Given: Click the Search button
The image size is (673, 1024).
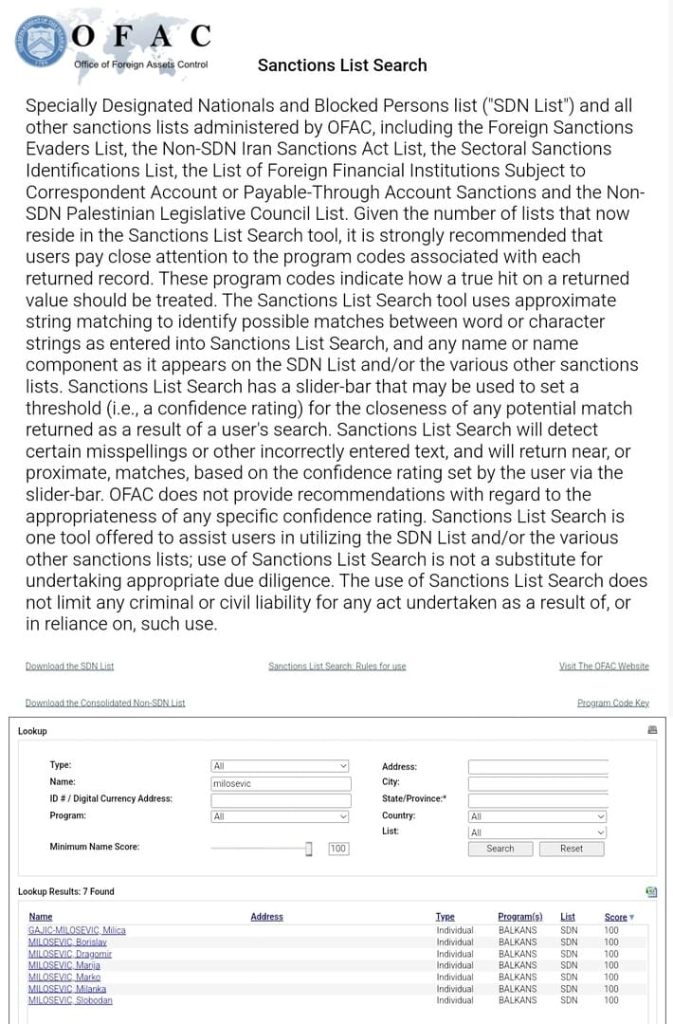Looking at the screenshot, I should coord(500,849).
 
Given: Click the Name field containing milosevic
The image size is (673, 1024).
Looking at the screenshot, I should coord(280,783).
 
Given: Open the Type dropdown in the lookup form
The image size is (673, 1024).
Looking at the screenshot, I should coord(280,766).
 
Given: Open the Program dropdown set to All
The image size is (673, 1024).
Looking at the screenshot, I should coord(280,816).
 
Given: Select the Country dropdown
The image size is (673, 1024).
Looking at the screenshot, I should coord(537,816).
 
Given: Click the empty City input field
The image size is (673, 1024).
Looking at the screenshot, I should coord(537,783).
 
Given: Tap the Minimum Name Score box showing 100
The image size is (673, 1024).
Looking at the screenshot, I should coord(338,849).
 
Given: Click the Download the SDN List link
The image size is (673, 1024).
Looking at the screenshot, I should coord(69,667).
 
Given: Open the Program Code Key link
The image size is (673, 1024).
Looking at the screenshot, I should coord(612,703).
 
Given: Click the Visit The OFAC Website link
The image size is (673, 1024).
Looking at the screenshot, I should coord(604,667).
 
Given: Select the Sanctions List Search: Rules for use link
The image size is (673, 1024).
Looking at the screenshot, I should coord(336,667).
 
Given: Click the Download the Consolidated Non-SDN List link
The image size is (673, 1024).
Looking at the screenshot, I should coord(105,703).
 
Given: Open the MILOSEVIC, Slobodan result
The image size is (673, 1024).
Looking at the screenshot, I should coord(70,1000).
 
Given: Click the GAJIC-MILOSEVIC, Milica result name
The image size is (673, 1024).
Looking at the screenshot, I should coord(77,930).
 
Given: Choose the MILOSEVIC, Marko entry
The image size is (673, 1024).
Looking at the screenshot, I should coord(64,977).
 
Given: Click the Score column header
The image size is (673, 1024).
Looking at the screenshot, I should coord(616,917).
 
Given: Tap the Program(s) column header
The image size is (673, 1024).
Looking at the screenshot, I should coord(519,917).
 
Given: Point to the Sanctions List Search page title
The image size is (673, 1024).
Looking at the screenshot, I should coord(342,65).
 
